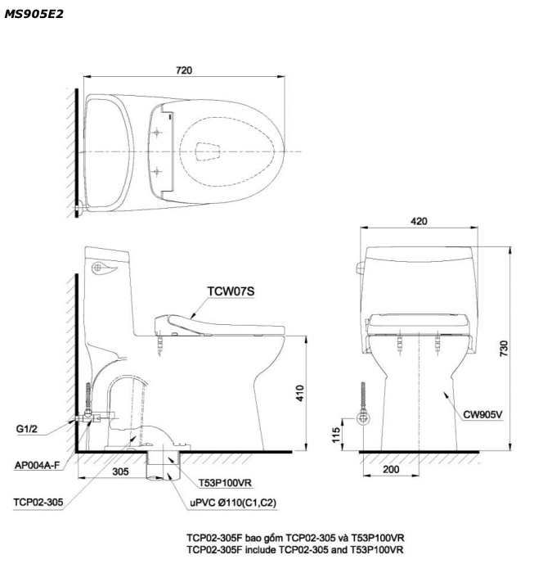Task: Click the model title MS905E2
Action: [x=34, y=14]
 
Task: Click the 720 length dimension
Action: [x=184, y=70]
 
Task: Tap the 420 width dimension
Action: [x=419, y=221]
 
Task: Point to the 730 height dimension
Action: [x=504, y=349]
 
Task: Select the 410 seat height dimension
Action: [x=299, y=393]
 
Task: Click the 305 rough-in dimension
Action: [x=120, y=471]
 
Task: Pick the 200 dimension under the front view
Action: [x=391, y=470]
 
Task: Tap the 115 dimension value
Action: [x=336, y=435]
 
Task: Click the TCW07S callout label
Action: [x=231, y=291]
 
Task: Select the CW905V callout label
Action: [x=482, y=414]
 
